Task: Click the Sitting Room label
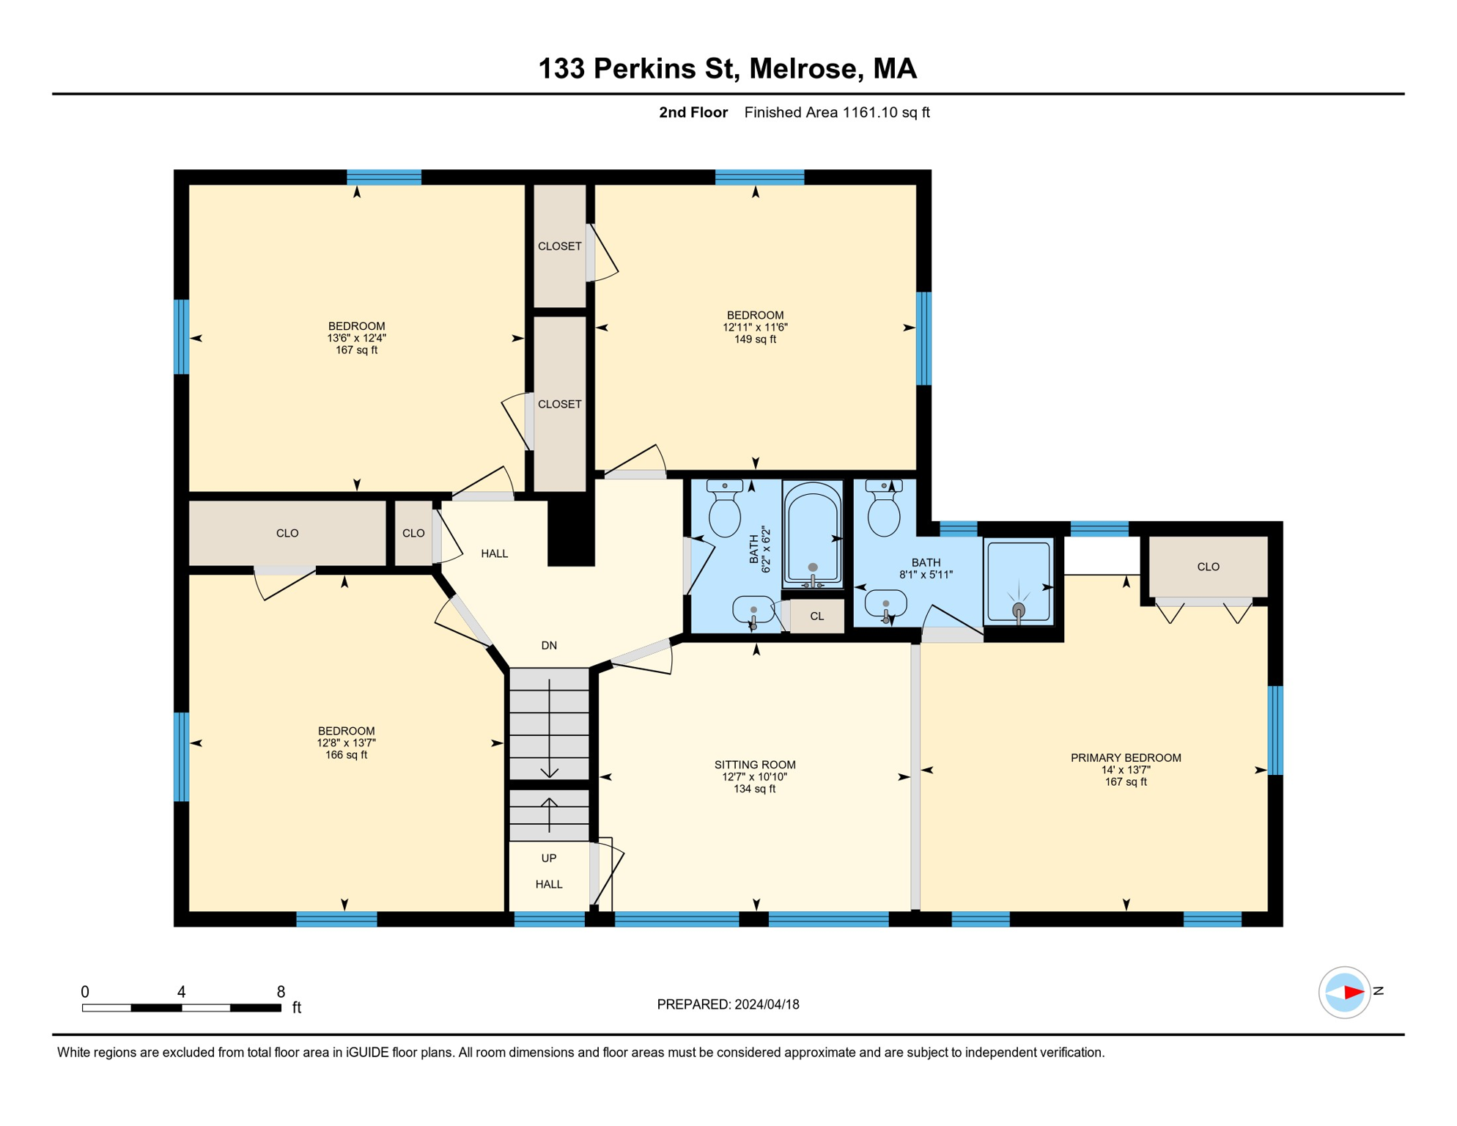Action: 754,765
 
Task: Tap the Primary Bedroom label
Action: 1126,758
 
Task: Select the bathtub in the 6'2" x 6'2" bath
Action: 813,534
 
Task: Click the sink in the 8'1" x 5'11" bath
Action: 886,606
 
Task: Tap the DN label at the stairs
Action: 549,645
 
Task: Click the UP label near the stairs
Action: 549,858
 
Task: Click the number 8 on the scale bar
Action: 281,992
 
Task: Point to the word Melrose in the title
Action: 803,68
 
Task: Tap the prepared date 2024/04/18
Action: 767,1004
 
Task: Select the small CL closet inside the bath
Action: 817,617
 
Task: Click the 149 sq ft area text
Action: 755,339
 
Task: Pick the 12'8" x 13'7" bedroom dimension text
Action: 346,743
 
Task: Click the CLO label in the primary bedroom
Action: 1208,567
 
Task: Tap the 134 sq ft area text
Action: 754,789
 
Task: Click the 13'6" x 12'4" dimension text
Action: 356,338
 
